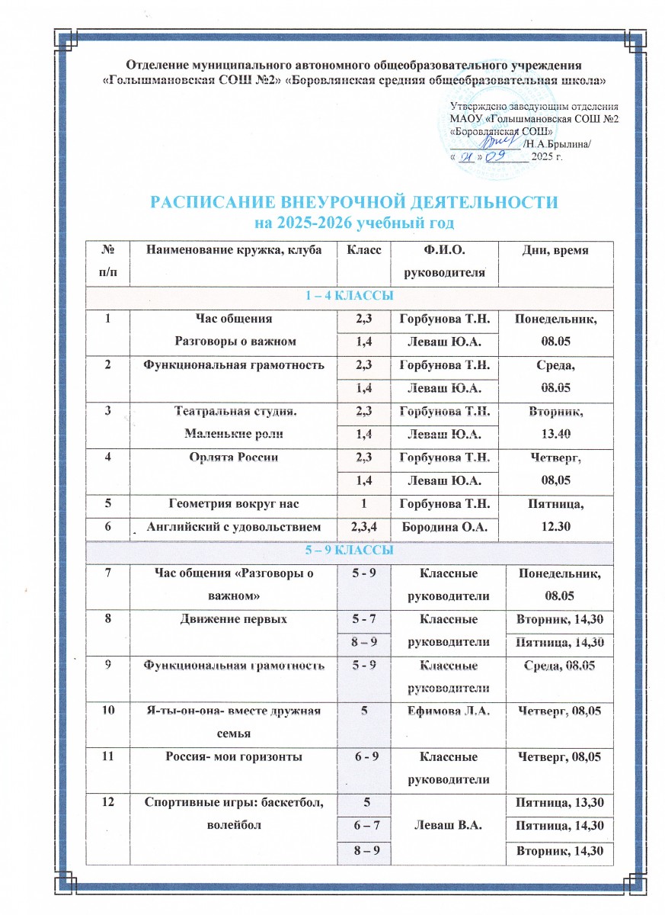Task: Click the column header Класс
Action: pos(363,249)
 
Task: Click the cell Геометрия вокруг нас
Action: pos(232,503)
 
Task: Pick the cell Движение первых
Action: pos(232,619)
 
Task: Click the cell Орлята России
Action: pos(232,457)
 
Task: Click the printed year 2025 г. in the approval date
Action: pos(547,157)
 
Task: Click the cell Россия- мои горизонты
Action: pos(232,758)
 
